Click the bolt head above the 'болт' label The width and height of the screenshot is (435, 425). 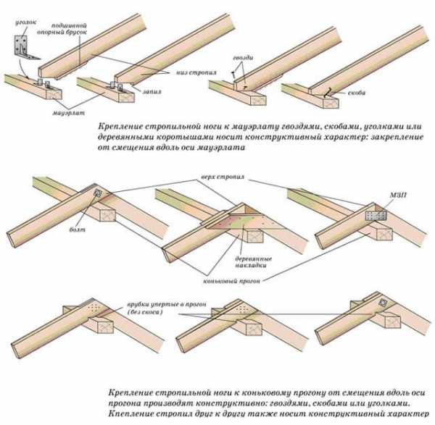(x=98, y=194)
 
